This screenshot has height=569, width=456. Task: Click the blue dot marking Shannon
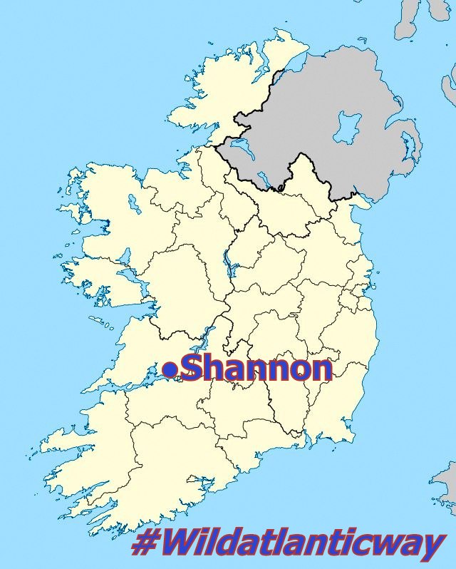170,369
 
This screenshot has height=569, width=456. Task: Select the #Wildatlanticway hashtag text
289,545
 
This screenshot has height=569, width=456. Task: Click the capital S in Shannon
193,369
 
